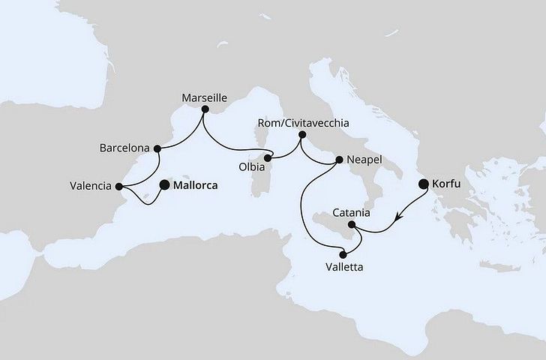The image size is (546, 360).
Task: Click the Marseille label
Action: pos(205,97)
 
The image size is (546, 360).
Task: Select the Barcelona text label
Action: pos(124,148)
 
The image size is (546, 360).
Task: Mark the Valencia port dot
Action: pos(118,185)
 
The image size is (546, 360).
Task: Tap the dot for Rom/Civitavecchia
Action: pos(301,136)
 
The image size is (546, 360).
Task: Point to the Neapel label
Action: pos(367,160)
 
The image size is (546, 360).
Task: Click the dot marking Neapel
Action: pos(340,160)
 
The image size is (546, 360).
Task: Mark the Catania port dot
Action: pos(352,223)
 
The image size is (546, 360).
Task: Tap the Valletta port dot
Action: pos(343,253)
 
